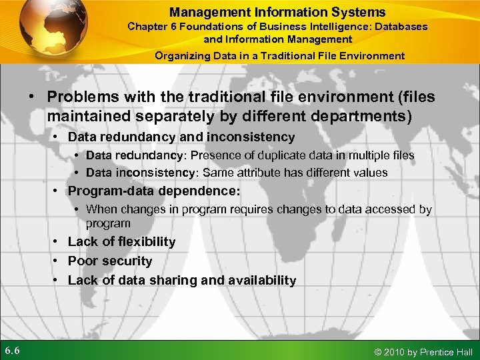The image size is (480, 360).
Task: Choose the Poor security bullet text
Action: click(110, 261)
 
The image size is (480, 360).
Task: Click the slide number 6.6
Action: click(13, 351)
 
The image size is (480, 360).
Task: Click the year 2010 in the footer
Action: click(396, 351)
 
